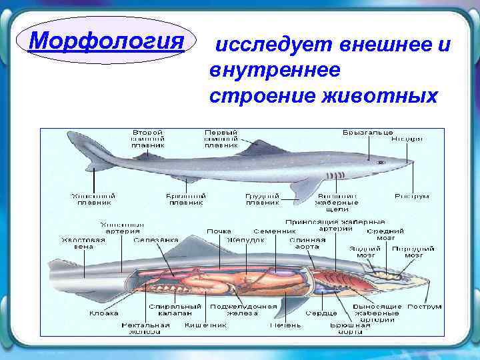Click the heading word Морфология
coord(107,42)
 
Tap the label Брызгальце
coord(367,133)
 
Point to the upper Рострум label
coord(412,197)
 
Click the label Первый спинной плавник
coord(221,138)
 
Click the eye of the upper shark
coord(381,162)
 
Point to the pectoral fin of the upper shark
coord(303,189)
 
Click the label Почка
coord(219,231)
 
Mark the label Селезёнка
coord(155,240)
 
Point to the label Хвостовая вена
coord(83,243)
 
